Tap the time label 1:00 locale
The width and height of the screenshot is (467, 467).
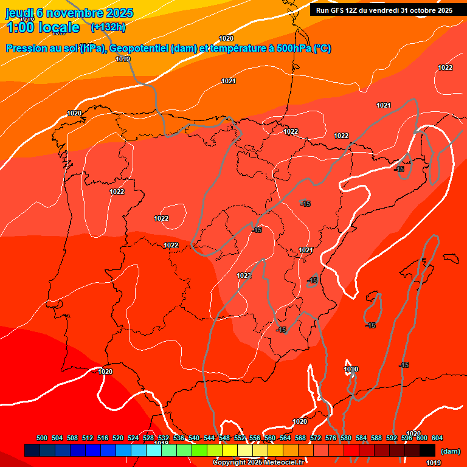43,27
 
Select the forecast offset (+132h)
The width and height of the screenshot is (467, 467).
108,27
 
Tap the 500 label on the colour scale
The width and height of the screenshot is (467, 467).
42,438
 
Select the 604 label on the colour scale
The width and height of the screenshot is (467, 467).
437,438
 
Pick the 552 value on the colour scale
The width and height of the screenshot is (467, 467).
240,438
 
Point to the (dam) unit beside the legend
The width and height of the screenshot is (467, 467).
450,451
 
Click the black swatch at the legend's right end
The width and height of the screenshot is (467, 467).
427,450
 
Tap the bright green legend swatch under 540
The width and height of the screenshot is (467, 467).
199,450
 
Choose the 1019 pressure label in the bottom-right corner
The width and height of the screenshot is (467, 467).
434,463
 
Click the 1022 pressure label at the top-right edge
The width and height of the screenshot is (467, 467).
445,67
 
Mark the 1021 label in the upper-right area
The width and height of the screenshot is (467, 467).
384,105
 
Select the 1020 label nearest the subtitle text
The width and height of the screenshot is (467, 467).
226,38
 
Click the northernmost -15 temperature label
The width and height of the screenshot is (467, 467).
400,169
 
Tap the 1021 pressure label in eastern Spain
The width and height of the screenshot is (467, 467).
306,250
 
